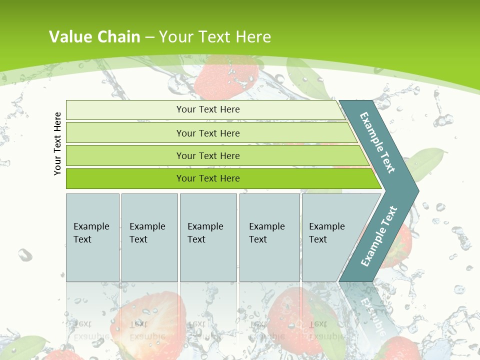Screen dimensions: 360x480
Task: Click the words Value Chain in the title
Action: pyautogui.click(x=94, y=37)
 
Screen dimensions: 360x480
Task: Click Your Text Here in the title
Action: pyautogui.click(x=215, y=37)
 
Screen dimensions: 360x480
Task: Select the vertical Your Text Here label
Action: pyautogui.click(x=57, y=143)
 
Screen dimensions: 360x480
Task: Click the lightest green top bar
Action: pyautogui.click(x=208, y=109)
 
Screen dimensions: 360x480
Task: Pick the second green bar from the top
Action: pyautogui.click(x=208, y=133)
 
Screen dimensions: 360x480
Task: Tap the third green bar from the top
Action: pyautogui.click(x=208, y=155)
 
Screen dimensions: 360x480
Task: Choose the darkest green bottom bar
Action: pyautogui.click(x=208, y=178)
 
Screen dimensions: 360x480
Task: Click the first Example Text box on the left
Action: pyautogui.click(x=92, y=237)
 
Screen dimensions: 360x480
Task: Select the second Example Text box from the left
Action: pyautogui.click(x=149, y=237)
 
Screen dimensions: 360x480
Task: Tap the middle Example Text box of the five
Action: pyautogui.click(x=208, y=237)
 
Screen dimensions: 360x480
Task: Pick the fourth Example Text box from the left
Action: pyautogui.click(x=269, y=237)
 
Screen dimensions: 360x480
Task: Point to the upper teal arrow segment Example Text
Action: pyautogui.click(x=378, y=143)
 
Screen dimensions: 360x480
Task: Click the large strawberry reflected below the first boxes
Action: pyautogui.click(x=150, y=320)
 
